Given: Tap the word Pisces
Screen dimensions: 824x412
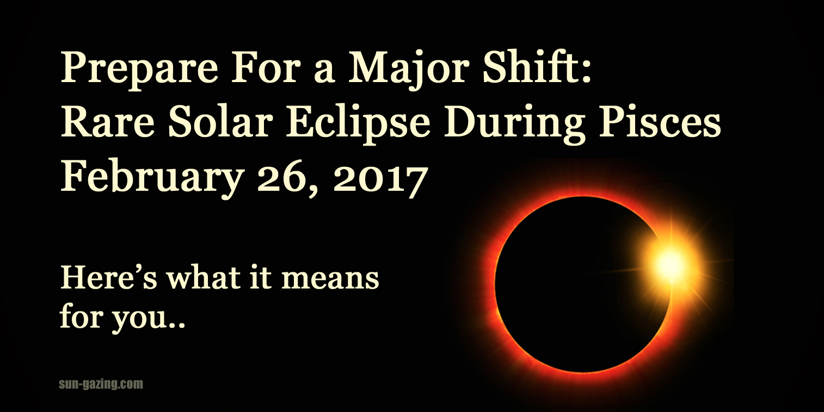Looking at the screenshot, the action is click(x=660, y=123).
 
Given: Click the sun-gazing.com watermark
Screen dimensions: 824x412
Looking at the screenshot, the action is click(x=101, y=384).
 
